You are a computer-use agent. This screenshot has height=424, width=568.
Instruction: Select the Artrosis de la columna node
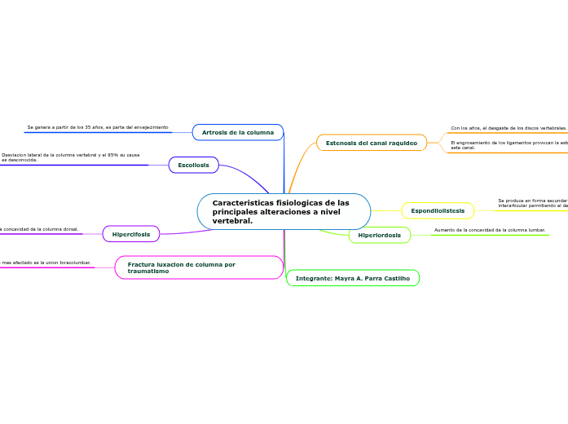point(238,132)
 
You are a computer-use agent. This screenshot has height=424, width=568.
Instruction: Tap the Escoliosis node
point(193,165)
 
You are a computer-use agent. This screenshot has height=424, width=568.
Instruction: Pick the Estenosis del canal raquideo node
point(371,143)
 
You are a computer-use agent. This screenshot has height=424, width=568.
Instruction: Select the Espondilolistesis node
point(438,210)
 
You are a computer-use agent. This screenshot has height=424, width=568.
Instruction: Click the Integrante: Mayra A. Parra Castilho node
point(352,278)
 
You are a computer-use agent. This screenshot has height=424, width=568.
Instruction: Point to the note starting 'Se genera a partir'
point(98,127)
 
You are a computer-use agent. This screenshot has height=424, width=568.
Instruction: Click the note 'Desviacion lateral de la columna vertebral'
point(70,157)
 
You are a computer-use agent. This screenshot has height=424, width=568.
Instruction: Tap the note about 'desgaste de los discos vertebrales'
point(509,128)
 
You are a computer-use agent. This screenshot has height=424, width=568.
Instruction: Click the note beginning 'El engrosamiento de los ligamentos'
point(509,145)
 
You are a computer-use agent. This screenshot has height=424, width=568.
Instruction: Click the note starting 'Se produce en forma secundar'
point(532,203)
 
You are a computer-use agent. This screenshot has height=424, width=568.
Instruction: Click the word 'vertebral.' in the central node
point(233,221)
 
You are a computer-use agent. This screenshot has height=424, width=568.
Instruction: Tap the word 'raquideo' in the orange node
point(400,143)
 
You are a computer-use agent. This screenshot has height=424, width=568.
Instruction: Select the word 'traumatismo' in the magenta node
point(148,271)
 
